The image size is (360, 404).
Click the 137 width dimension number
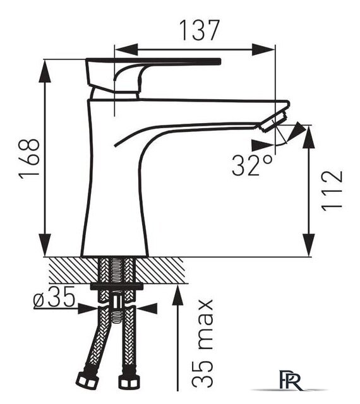[200, 30]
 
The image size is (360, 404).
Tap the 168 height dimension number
[29, 158]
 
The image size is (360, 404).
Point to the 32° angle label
[252, 165]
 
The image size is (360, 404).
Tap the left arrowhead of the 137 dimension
[126, 49]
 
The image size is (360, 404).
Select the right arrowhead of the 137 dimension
[263, 49]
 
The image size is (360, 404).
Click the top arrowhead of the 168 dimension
[45, 71]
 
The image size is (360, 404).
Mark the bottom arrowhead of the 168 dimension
[45, 246]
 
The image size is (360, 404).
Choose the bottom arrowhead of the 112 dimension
[308, 246]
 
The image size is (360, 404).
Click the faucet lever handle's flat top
[153, 62]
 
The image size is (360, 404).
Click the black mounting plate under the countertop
[117, 286]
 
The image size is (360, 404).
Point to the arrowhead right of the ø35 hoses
[147, 308]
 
